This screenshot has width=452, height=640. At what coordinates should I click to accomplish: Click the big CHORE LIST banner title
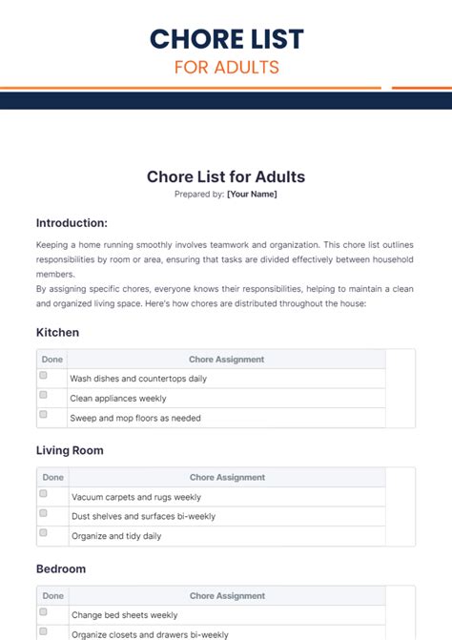tap(226, 38)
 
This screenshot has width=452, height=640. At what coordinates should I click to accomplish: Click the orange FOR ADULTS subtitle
tap(226, 68)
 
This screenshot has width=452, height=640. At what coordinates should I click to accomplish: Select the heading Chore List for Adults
tap(226, 176)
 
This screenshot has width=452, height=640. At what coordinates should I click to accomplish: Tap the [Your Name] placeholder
tap(252, 194)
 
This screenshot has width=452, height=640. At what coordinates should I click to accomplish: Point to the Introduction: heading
tap(72, 222)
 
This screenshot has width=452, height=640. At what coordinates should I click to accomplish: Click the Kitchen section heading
tap(57, 333)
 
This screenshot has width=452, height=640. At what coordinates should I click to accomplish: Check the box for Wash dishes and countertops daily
tap(44, 377)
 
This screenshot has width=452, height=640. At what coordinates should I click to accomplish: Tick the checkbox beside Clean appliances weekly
tap(44, 396)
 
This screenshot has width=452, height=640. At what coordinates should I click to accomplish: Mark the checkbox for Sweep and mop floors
tap(44, 415)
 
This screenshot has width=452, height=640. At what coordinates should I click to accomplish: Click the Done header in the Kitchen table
tap(52, 360)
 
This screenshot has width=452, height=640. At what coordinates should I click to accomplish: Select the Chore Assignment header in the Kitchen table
tap(226, 360)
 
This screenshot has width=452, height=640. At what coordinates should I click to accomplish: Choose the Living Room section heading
tap(70, 450)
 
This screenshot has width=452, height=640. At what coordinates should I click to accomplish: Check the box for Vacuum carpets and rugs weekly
tap(44, 495)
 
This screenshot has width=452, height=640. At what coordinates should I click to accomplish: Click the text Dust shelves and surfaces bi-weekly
tap(143, 516)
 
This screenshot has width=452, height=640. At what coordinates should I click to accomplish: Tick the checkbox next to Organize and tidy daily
tap(44, 534)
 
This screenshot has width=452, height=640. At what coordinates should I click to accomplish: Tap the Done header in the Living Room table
tap(53, 477)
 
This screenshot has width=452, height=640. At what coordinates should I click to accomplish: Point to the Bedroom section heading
tap(61, 568)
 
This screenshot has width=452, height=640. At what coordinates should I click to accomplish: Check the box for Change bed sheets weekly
tap(44, 612)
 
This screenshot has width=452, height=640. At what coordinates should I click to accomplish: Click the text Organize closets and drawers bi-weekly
tap(150, 634)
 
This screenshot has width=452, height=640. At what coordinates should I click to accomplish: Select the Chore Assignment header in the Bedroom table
tap(227, 595)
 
